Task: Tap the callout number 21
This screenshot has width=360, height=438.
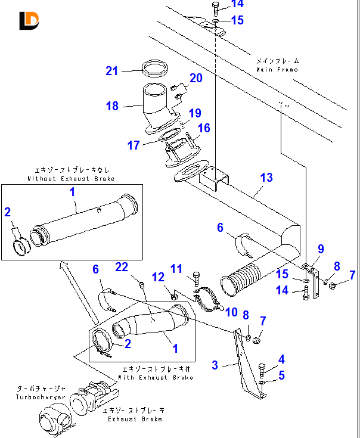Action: (x=113, y=71)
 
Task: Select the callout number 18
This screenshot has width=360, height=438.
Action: (x=113, y=106)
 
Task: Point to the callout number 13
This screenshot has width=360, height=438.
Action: (x=266, y=177)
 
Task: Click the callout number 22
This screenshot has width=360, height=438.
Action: (x=122, y=268)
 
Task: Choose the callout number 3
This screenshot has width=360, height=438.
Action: (x=216, y=364)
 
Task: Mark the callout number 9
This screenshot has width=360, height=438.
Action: (x=321, y=249)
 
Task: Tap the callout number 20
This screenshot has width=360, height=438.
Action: (x=197, y=78)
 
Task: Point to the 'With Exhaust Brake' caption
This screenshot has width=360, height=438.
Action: (x=157, y=377)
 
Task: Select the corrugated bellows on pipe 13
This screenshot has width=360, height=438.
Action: (x=241, y=282)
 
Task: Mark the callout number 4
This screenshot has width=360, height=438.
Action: (x=282, y=359)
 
